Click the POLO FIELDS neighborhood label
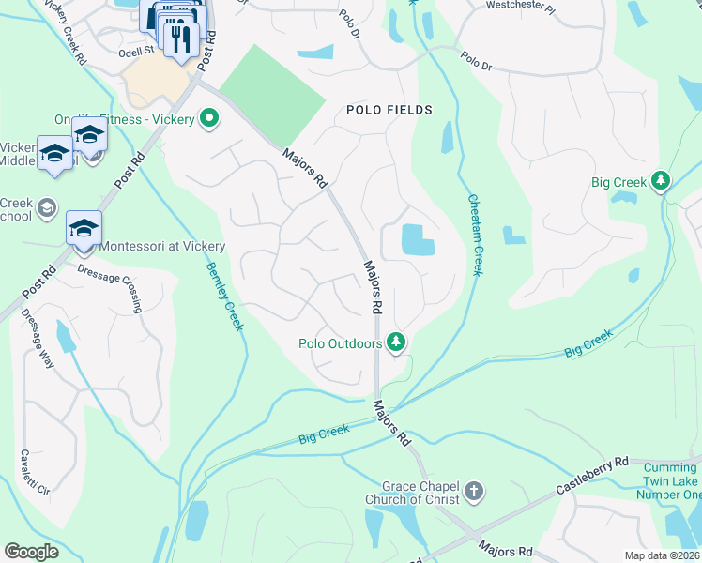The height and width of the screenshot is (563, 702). (389, 110)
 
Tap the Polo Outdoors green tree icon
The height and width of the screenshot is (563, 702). (397, 342)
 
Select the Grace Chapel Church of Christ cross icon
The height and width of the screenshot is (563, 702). (475, 491)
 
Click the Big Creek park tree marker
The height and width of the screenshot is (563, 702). (662, 179)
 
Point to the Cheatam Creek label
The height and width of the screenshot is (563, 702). (475, 235)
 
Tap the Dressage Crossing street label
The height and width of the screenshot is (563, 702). (112, 286)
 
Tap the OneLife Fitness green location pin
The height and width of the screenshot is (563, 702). (210, 119)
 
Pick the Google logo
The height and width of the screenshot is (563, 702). (32, 552)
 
